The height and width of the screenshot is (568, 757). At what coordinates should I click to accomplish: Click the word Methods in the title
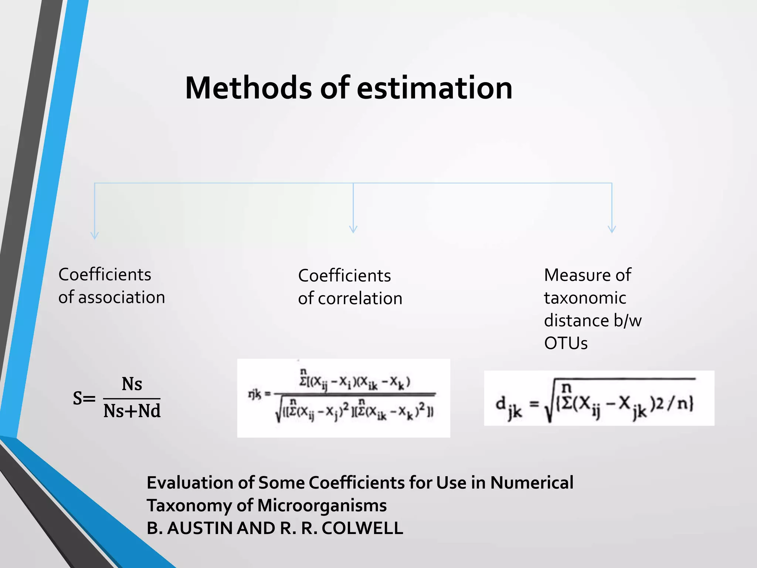click(x=248, y=88)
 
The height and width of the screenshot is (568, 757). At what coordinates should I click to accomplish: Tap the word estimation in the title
click(x=434, y=88)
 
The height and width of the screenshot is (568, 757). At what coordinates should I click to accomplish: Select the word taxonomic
click(x=585, y=298)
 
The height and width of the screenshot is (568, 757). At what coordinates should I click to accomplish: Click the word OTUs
click(x=566, y=344)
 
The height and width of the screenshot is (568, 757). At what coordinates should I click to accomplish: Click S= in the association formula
click(x=84, y=399)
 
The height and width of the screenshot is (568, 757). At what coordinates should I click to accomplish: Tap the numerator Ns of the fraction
click(x=132, y=384)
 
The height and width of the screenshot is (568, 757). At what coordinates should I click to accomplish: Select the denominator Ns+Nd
click(x=132, y=411)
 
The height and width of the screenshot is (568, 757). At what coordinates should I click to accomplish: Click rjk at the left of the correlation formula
click(x=254, y=395)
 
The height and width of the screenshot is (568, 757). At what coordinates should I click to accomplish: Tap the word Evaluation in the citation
click(x=190, y=483)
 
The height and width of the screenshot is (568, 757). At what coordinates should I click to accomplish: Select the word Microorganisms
click(x=322, y=506)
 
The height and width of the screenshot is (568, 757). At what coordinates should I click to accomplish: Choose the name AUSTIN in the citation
click(x=200, y=528)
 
